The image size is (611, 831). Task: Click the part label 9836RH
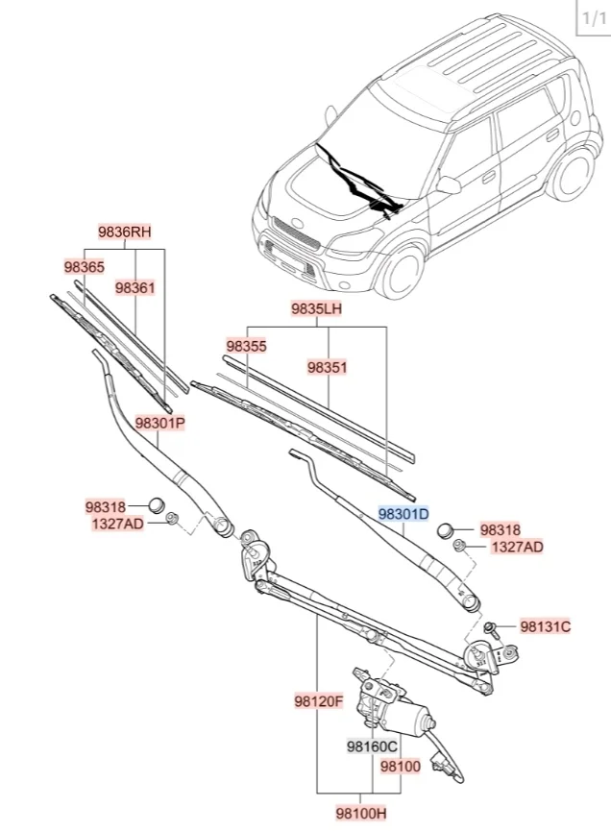point(125,232)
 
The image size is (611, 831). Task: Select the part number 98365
point(84,267)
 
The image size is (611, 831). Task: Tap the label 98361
point(134,287)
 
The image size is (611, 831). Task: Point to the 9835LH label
point(317,309)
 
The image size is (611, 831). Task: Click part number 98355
point(246,346)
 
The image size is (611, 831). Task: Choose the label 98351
point(327,367)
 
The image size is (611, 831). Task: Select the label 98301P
point(159,422)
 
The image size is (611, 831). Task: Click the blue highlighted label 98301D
point(403,514)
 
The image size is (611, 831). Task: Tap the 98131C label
point(545,626)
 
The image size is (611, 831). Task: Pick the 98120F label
point(319,701)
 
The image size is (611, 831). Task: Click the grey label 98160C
point(373,746)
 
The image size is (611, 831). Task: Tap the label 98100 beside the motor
point(400,767)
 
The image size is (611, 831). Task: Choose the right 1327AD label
point(517,547)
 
